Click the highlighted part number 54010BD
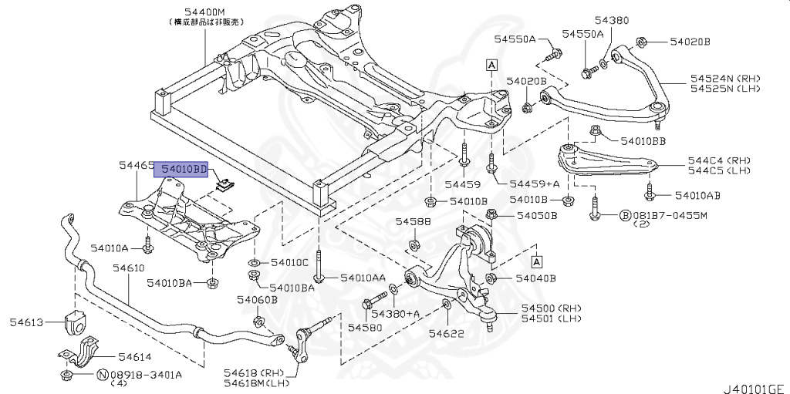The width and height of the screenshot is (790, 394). tap(183, 169)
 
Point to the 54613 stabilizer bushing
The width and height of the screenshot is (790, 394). tap(76, 323)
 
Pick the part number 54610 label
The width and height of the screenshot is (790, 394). tap(127, 268)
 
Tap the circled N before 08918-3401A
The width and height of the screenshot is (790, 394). tap(102, 375)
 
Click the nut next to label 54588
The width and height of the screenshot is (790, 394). tap(413, 245)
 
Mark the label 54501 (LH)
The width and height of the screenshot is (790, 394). tap(550, 318)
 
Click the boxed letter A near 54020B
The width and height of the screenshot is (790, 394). tap(491, 65)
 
